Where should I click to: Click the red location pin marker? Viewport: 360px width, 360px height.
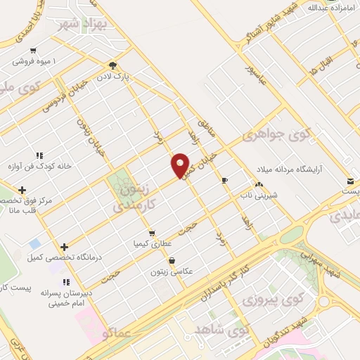coord(181,166)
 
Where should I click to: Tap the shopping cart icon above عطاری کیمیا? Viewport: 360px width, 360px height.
coord(150,232)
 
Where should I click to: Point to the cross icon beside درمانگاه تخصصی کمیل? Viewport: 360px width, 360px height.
coord(64,247)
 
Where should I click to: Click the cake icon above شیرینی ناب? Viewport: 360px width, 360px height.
coord(259,184)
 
